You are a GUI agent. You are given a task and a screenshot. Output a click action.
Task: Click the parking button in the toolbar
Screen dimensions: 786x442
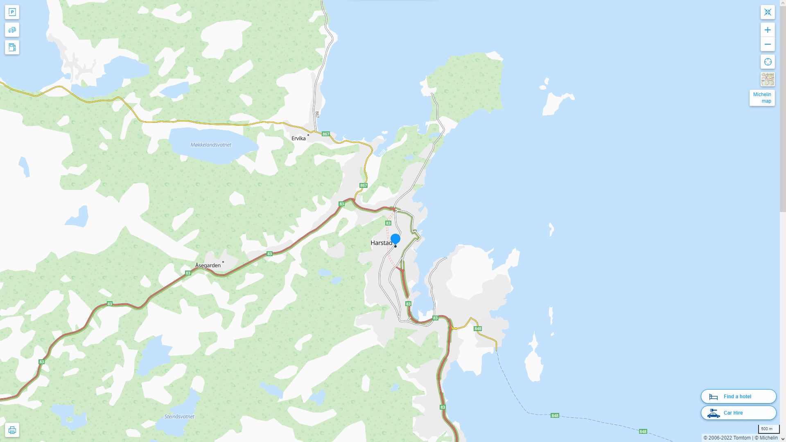[x=12, y=12]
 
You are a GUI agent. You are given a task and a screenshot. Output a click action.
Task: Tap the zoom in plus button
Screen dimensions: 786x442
[x=768, y=30]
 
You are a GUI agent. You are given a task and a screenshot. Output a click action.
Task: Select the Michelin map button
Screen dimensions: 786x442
[x=762, y=98]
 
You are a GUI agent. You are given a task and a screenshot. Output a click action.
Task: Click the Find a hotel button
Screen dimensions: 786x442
[x=738, y=396]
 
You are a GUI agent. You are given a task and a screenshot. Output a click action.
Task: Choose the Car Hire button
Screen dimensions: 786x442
[x=738, y=413]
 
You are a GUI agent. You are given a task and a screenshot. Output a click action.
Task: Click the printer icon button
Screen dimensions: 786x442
[x=12, y=430]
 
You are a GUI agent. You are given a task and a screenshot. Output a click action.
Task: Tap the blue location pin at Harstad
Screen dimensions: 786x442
[x=395, y=239]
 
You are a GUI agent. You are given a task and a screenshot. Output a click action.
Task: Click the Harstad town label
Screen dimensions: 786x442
[x=381, y=243]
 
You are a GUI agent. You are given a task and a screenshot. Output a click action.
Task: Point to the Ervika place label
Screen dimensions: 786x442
[x=298, y=138]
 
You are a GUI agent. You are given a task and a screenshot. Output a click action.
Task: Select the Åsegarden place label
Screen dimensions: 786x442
[x=208, y=265]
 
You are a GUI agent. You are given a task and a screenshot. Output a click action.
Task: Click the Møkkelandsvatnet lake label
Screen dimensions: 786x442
[x=211, y=145]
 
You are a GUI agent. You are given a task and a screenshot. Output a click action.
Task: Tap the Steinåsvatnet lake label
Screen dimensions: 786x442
[x=179, y=417]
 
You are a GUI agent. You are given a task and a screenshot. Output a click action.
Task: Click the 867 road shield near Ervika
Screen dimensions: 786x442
[x=326, y=134]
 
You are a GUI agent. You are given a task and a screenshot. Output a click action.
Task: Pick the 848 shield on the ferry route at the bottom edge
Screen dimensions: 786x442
[x=643, y=431]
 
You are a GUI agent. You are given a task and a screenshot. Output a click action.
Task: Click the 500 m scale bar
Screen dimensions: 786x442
[x=767, y=429]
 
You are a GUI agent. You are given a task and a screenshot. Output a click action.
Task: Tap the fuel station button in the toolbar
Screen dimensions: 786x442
[x=12, y=47]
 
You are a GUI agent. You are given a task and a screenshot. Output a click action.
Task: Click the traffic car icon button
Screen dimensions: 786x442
[x=12, y=30]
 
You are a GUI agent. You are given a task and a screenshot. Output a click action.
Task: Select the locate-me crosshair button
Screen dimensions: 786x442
[x=768, y=62]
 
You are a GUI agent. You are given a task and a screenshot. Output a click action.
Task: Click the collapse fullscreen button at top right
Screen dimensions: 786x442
[x=768, y=12]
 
